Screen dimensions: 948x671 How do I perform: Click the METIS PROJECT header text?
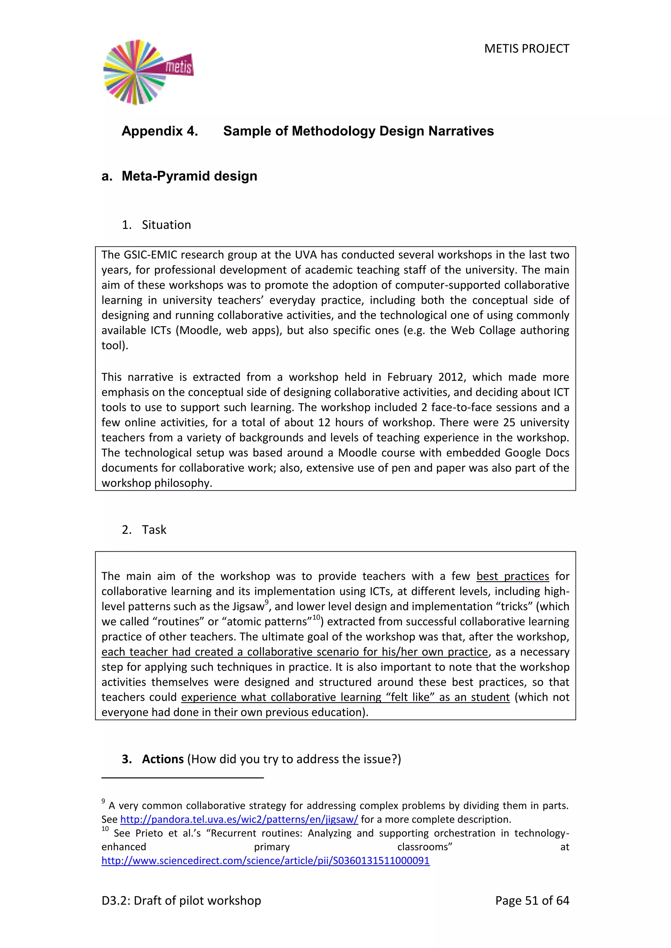pos(527,49)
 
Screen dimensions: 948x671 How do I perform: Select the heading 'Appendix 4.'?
pos(160,131)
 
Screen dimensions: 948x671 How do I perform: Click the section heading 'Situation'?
pos(166,225)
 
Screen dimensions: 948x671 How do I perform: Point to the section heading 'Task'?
pos(154,529)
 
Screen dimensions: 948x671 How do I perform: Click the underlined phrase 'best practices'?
pos(512,576)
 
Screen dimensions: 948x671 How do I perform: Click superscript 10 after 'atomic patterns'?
pos(316,617)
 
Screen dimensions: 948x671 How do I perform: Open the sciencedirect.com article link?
pos(265,861)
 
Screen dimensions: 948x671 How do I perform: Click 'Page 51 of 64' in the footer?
pos(532,901)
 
